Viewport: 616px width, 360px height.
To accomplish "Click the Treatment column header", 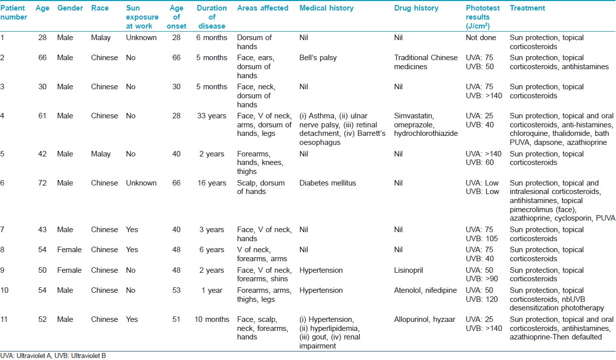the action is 527,8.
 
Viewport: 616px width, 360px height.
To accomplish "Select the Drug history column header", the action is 416,8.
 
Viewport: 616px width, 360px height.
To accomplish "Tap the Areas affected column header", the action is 263,8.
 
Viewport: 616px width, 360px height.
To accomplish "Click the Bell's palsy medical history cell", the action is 318,58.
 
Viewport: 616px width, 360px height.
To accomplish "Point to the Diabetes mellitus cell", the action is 327,183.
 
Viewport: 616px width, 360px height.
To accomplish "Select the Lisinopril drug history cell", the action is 408,270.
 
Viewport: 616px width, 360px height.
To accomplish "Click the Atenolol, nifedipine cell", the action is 425,290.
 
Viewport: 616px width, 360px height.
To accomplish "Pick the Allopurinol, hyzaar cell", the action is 425,319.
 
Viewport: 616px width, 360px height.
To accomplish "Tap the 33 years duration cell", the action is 212,116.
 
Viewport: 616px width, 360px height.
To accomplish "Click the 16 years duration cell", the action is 212,183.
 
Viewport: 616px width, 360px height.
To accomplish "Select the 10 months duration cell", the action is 212,319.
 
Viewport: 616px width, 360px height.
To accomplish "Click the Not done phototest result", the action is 481,38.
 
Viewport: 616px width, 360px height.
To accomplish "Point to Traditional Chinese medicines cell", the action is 426,62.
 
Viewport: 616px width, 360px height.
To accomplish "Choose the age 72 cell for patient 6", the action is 42,183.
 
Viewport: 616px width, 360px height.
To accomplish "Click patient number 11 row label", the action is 4,319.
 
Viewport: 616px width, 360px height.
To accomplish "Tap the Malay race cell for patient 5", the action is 101,154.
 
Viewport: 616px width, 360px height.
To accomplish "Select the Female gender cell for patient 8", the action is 69,250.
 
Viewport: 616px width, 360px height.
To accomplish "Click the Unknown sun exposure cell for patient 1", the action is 141,38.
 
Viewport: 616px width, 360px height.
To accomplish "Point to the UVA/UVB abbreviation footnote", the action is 53,356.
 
